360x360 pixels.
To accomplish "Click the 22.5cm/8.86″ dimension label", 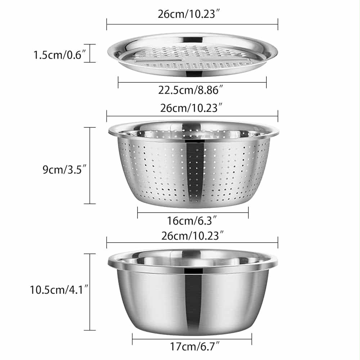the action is pos(190,90).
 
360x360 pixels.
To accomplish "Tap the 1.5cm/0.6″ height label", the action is pos(59,55).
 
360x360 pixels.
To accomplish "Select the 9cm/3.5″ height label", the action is pos(64,170).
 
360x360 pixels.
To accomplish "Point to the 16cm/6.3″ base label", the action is pos(192,221).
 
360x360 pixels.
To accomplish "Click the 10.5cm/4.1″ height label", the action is pos(59,290).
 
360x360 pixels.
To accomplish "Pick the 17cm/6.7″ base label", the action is pos(195,346).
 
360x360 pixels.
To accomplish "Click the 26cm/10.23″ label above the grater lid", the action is pos(189,14).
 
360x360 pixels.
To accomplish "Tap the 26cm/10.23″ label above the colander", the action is pos(191,108).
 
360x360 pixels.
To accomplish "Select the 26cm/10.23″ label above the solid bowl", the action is pos(192,236).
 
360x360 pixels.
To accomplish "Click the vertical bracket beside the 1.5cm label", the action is pos(90,53).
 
